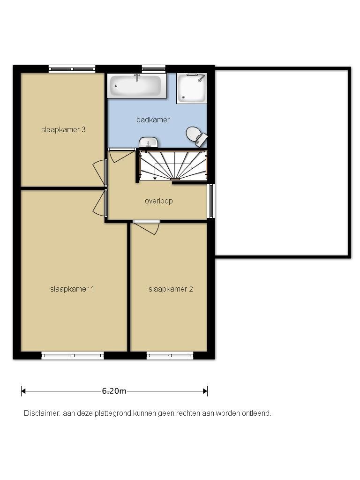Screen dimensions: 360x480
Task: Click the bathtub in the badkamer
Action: pos(137,86)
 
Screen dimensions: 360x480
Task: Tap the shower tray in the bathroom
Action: pos(192,88)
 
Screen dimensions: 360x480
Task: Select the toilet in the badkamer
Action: pos(196,135)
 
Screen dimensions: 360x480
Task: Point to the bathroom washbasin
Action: pos(149,142)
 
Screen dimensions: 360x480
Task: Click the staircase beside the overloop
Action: pos(174,165)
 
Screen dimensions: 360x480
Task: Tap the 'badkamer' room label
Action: pos(153,120)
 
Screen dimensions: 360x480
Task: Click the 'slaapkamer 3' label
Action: pos(63,129)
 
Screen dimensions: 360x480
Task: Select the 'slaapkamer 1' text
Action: pos(72,289)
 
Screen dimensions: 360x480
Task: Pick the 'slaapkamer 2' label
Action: pos(171,289)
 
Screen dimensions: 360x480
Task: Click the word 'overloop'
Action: pos(158,201)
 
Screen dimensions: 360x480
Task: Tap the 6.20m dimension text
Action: pos(114,391)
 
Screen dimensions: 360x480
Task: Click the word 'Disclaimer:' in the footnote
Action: pos(42,413)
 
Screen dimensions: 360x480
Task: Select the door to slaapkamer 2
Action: pos(147,227)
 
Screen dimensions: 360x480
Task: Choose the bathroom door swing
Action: pos(122,156)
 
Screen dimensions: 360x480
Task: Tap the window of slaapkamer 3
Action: pos(72,69)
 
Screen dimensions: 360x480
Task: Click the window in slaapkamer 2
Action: pos(170,355)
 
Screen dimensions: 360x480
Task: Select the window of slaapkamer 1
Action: pos(73,355)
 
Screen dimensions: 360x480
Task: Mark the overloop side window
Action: pos(211,201)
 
